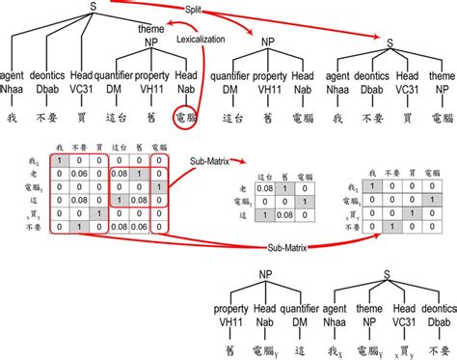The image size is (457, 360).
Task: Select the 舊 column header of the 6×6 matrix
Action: (140, 148)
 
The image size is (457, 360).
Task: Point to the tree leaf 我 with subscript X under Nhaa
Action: (338, 344)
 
